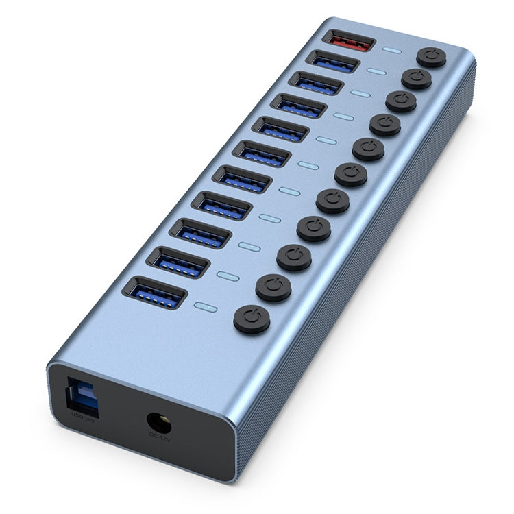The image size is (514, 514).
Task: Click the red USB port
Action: click(348, 41)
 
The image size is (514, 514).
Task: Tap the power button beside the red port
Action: click(431, 57)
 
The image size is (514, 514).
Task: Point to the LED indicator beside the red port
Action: click(393, 51)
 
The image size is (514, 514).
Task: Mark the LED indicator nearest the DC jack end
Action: click(206, 307)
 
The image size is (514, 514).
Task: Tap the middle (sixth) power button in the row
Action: click(351, 175)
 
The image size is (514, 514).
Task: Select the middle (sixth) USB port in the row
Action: click(261, 154)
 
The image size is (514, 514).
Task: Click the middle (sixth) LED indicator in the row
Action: click(308, 165)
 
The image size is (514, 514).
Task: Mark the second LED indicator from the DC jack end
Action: click(228, 276)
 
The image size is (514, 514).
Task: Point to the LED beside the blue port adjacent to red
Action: click(376, 71)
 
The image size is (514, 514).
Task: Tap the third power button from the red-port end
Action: click(401, 101)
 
